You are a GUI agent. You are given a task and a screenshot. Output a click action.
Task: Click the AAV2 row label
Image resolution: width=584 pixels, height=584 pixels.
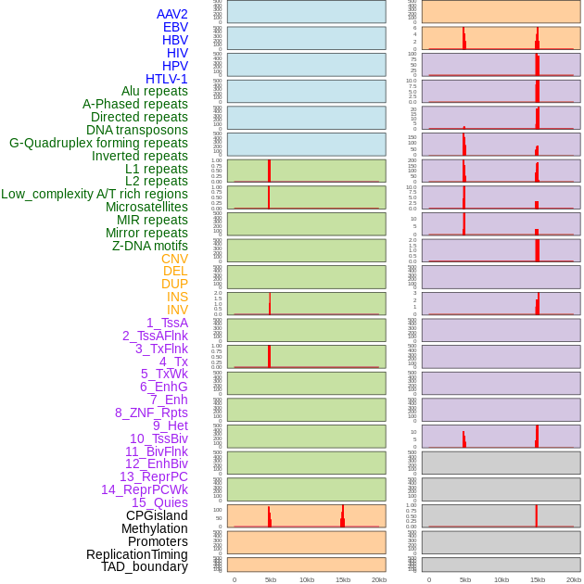pyautogui.click(x=171, y=14)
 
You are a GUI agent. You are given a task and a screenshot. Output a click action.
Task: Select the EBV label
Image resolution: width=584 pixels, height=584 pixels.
pyautogui.click(x=175, y=27)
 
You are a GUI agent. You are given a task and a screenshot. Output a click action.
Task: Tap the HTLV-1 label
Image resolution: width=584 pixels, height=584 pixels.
pyautogui.click(x=166, y=79)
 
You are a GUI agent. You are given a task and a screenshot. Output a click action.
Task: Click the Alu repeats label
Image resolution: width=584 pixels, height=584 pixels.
pyautogui.click(x=154, y=91)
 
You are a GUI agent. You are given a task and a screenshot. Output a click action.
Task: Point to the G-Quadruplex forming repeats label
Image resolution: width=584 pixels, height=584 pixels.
pyautogui.click(x=98, y=143)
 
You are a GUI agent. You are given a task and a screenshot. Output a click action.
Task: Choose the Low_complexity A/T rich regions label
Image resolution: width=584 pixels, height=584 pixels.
pyautogui.click(x=95, y=194)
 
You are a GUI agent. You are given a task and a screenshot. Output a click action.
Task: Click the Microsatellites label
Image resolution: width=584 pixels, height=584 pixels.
pyautogui.click(x=146, y=207)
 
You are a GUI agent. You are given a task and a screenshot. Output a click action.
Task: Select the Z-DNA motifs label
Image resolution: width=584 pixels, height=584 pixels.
pyautogui.click(x=149, y=246)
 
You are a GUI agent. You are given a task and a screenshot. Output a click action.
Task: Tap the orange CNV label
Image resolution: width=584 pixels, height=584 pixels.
pyautogui.click(x=174, y=259)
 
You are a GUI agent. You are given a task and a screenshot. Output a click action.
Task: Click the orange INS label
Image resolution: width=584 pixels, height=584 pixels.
pyautogui.click(x=177, y=297)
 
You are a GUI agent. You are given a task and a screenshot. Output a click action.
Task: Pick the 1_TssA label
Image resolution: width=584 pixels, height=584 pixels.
pyautogui.click(x=167, y=323)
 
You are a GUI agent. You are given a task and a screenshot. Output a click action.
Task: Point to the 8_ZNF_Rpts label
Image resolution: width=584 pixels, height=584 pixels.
pyautogui.click(x=151, y=413)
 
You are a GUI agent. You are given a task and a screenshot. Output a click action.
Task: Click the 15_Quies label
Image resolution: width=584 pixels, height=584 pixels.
pyautogui.click(x=159, y=502)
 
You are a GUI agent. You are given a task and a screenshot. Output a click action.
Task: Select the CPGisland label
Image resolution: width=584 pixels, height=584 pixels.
pyautogui.click(x=157, y=515)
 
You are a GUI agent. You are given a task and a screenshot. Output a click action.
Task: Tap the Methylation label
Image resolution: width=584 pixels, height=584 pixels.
pyautogui.click(x=154, y=528)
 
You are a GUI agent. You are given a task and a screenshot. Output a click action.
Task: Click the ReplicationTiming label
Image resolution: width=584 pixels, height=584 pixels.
pyautogui.click(x=137, y=554)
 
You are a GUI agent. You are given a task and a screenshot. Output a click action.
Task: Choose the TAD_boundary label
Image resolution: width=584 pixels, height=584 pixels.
pyautogui.click(x=145, y=566)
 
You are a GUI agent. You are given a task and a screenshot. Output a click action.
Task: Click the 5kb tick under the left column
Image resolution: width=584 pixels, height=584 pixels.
pyautogui.click(x=270, y=579)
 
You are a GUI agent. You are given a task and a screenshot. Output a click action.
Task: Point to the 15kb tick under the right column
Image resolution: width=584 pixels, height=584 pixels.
pyautogui.click(x=538, y=579)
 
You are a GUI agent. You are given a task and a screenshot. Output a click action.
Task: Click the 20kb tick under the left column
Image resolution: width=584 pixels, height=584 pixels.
pyautogui.click(x=379, y=579)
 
